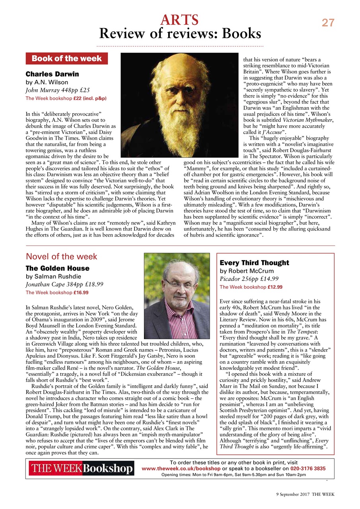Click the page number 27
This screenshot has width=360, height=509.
[328, 23]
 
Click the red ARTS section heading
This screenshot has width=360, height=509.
[179, 19]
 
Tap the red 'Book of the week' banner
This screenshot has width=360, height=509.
[67, 58]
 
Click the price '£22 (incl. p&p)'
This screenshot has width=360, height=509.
[88, 98]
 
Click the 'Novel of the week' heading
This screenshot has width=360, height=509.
[61, 257]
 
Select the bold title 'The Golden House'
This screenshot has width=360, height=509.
[57, 268]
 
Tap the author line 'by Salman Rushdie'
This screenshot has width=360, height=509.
[53, 276]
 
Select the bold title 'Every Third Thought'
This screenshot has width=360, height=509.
[254, 263]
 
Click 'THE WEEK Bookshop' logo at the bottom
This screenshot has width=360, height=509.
[82, 469]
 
